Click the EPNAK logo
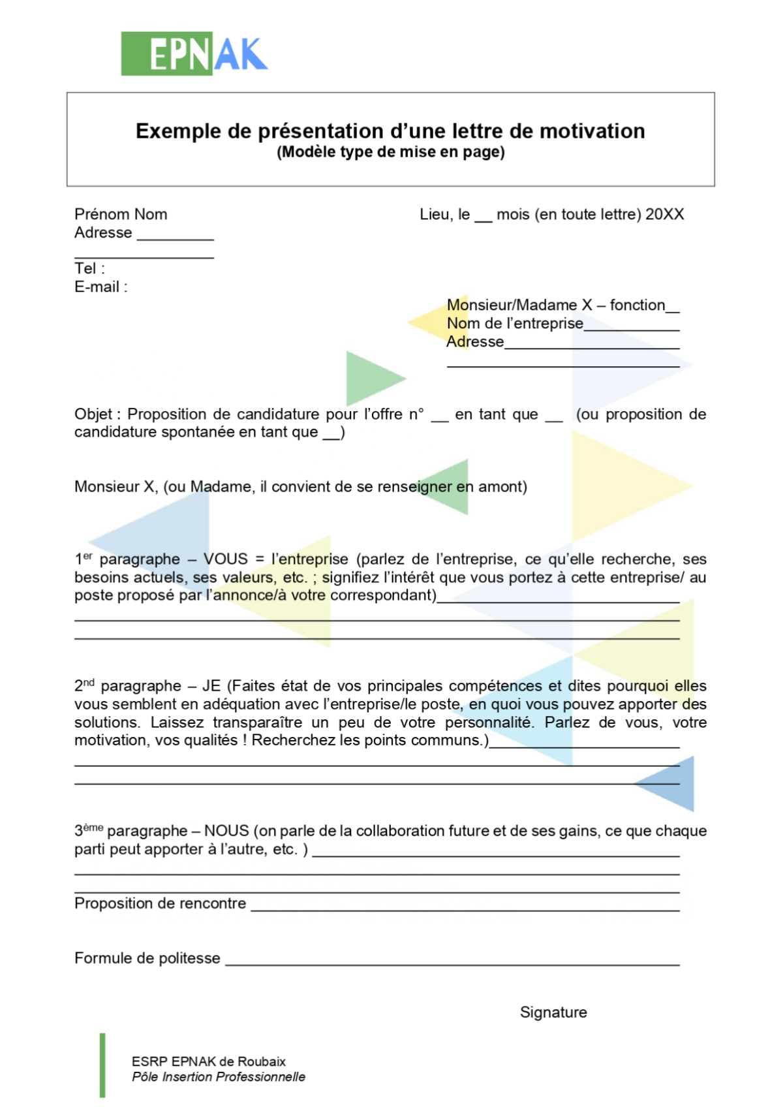194,54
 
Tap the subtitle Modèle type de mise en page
391,152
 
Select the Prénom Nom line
121,214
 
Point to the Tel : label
89,268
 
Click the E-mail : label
101,287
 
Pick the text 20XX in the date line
664,214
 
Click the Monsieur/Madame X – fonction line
562,305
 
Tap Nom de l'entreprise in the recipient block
515,323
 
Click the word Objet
94,414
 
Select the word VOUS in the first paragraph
226,559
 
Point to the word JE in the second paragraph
211,685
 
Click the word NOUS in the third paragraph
226,830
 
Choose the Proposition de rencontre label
161,903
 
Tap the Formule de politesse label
147,958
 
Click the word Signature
553,1012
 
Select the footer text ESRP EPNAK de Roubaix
209,1061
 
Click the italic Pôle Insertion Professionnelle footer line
219,1077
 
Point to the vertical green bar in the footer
102,1065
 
